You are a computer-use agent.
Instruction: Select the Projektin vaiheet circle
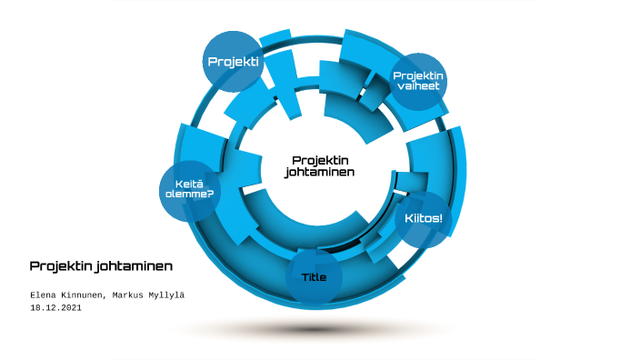pos(418,80)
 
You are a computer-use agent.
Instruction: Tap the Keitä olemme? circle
pos(190,191)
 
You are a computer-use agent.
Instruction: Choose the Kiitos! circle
pos(423,219)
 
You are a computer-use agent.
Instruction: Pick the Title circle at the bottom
pos(314,276)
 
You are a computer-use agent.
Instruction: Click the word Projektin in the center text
pos(320,160)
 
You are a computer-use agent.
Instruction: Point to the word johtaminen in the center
pos(320,172)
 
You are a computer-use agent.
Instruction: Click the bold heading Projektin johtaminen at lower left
pos(101,266)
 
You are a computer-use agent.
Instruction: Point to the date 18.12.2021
pos(55,308)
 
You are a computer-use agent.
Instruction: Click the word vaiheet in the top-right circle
pos(418,86)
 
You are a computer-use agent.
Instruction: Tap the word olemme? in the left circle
pos(190,196)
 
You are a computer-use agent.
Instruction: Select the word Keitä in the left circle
pos(190,185)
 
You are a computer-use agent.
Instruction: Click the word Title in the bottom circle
pos(314,276)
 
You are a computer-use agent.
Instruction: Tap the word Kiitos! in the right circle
pos(423,219)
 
